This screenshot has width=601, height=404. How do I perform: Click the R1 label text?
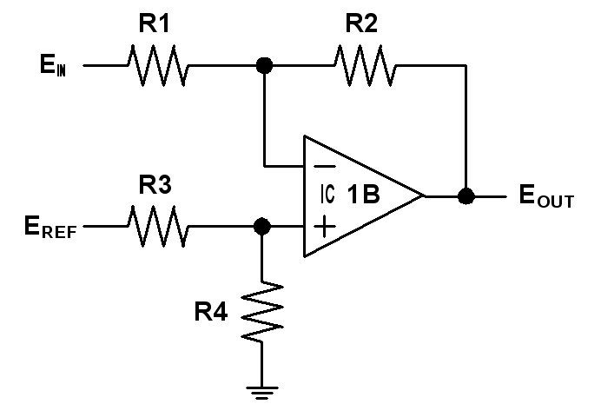(x=154, y=23)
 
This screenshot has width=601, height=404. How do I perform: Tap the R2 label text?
(x=361, y=23)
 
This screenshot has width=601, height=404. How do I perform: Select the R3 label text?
(x=155, y=185)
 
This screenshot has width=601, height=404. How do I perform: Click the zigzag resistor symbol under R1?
(x=157, y=65)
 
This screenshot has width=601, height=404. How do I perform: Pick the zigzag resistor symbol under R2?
(x=366, y=65)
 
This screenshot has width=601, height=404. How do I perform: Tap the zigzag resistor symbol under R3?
(x=157, y=226)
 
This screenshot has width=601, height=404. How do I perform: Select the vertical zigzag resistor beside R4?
(x=262, y=312)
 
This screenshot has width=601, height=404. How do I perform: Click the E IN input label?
(x=53, y=65)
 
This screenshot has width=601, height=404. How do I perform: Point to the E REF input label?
(x=50, y=228)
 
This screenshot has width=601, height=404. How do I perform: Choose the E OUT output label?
(x=546, y=196)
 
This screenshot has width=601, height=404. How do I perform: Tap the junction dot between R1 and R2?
(x=264, y=65)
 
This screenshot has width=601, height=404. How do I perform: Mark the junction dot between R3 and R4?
(x=262, y=226)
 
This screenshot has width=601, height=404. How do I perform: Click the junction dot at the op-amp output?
(x=466, y=196)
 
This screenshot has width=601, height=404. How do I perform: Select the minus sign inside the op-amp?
(x=325, y=166)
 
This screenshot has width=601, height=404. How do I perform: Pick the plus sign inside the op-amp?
(x=325, y=226)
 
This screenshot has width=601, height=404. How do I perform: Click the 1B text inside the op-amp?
(x=363, y=195)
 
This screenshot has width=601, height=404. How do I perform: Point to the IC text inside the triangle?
(x=327, y=194)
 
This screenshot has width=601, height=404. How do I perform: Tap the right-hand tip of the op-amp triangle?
(x=425, y=196)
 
